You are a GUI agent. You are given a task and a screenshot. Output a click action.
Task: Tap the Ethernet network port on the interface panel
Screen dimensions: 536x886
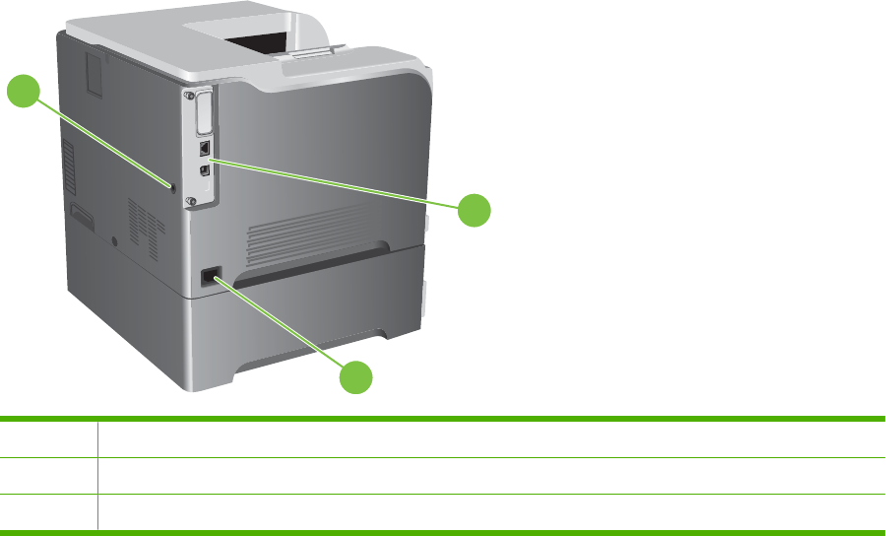point(203,146)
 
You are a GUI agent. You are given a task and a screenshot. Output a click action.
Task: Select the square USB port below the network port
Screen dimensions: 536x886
point(204,168)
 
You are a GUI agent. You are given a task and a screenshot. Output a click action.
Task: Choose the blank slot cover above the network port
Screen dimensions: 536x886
point(204,110)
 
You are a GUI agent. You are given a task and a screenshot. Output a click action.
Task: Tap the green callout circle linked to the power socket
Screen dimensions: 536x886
point(357,379)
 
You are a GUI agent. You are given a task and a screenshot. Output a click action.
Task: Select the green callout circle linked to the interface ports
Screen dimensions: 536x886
point(475,210)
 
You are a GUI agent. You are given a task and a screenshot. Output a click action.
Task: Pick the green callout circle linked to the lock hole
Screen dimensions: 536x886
point(23,93)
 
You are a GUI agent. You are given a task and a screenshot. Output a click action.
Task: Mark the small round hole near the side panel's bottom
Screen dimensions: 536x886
point(115,239)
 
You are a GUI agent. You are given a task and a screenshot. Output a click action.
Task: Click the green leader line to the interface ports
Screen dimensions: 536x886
point(335,181)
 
